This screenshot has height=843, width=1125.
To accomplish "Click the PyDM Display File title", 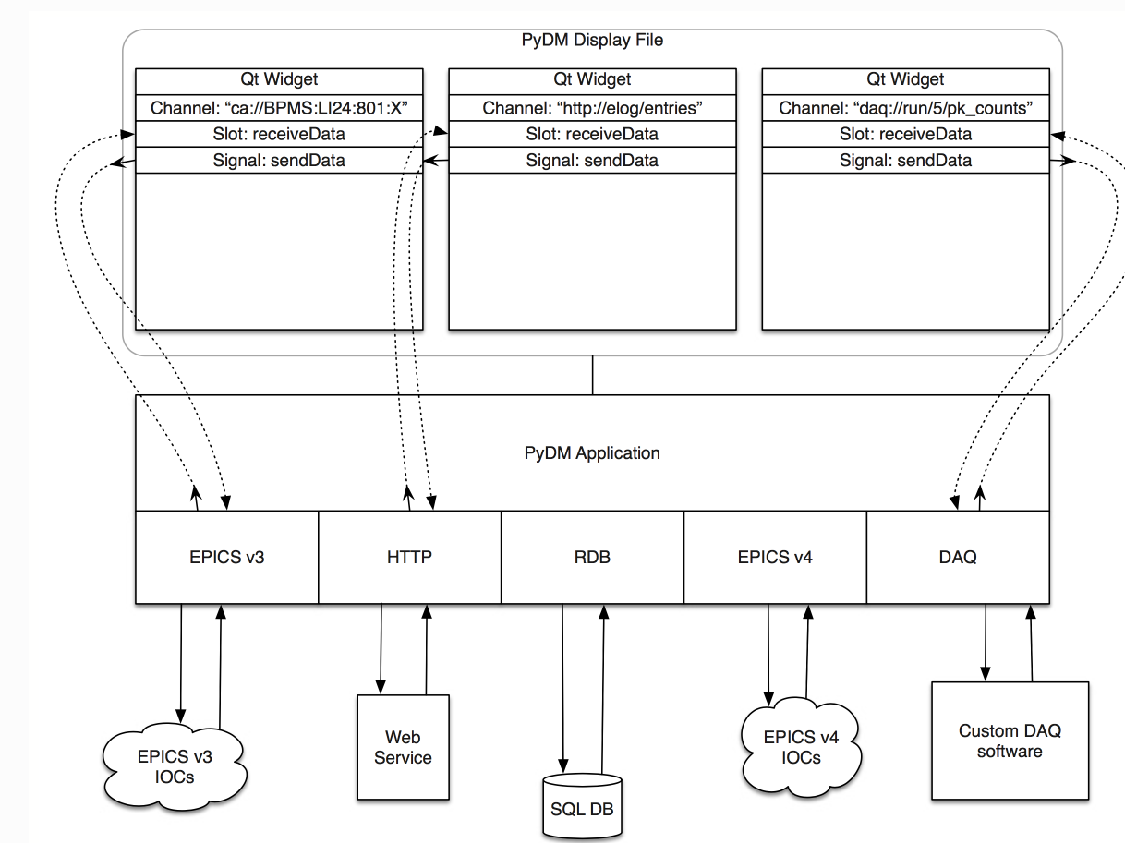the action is pyautogui.click(x=592, y=40).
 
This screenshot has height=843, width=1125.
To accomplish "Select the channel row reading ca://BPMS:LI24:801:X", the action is pyautogui.click(x=279, y=108).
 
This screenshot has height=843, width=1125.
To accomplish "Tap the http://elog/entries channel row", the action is pyautogui.click(x=592, y=108).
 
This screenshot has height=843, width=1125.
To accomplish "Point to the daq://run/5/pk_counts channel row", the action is pyautogui.click(x=906, y=108).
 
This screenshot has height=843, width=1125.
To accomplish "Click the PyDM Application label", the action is pyautogui.click(x=592, y=453).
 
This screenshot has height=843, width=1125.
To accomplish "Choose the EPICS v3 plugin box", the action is pyautogui.click(x=227, y=557).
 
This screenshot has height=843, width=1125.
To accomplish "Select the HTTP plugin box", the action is pyautogui.click(x=409, y=557).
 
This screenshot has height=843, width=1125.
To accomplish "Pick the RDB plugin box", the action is pyautogui.click(x=592, y=557).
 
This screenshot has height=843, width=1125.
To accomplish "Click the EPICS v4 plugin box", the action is pyautogui.click(x=775, y=557).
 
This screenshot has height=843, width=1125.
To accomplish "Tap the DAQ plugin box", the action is pyautogui.click(x=958, y=557).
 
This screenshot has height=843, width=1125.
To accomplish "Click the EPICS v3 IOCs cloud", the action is pyautogui.click(x=175, y=766).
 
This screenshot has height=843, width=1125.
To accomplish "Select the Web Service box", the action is pyautogui.click(x=403, y=747).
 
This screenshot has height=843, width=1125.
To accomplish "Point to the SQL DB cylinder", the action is pyautogui.click(x=582, y=807).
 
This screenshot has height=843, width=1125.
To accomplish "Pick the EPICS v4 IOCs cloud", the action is pyautogui.click(x=801, y=747).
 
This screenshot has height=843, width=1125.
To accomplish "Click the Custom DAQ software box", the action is pyautogui.click(x=1010, y=741).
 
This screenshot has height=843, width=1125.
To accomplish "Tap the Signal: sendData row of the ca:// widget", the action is pyautogui.click(x=279, y=161).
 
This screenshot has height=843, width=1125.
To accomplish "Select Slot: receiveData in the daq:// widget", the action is pyautogui.click(x=906, y=134).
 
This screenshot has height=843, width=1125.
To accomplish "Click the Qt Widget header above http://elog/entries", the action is pyautogui.click(x=592, y=79).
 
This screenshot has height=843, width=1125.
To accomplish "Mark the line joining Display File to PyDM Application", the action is pyautogui.click(x=592, y=375).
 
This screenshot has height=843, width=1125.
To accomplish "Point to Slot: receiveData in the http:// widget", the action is pyautogui.click(x=592, y=134).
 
